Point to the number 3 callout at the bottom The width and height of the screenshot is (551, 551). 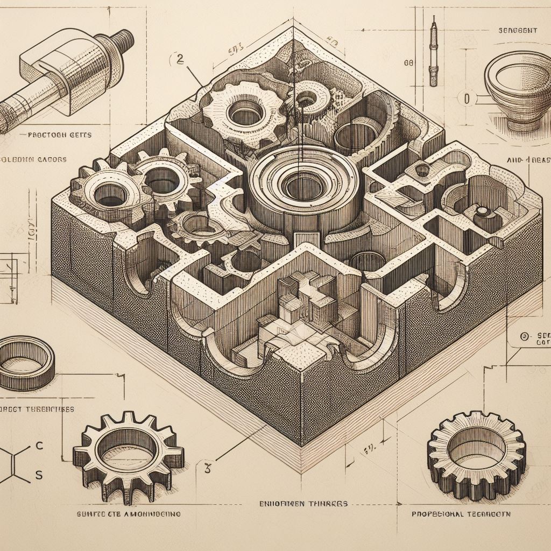click(207, 467)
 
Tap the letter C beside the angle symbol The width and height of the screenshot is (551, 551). click(38, 446)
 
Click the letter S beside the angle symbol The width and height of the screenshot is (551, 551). click(38, 475)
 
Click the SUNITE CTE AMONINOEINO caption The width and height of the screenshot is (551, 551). click(126, 514)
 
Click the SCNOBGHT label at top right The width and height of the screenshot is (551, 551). click(515, 31)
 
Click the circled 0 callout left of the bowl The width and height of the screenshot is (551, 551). click(467, 99)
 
